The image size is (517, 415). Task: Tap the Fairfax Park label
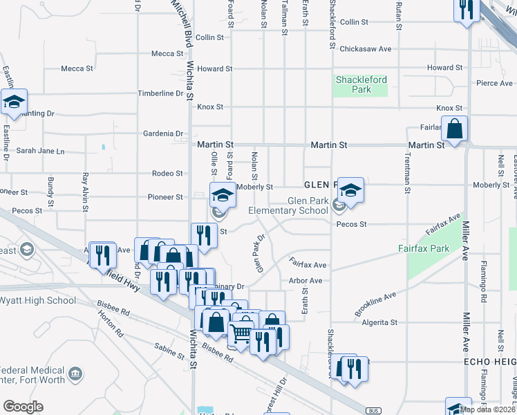pos(424,248)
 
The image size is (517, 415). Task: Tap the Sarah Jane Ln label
pos(40,151)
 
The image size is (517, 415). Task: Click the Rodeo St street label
pos(168,174)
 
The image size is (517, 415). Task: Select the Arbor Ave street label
pos(305,281)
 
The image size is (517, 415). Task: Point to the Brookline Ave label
pos(375,304)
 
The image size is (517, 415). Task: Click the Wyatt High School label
pos(37,300)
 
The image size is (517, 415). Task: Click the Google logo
pos(23,407)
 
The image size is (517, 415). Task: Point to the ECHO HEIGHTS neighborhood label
pos(489,362)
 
